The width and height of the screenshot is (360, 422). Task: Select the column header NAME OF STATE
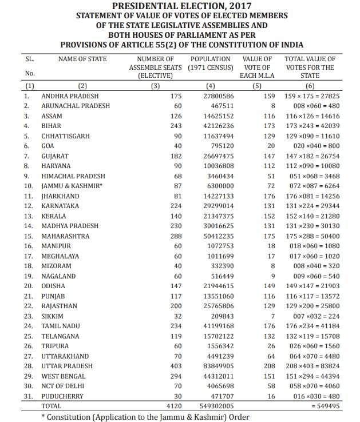click(x=82, y=58)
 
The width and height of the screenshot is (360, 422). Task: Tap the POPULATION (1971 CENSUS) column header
click(x=210, y=63)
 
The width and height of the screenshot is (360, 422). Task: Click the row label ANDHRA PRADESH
click(x=70, y=96)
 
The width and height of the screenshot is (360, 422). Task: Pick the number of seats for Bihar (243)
click(x=176, y=126)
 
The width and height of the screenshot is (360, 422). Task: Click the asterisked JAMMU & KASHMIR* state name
click(x=70, y=186)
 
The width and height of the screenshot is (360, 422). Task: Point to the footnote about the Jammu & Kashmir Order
click(x=145, y=416)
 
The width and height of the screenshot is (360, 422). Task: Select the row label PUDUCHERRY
click(x=65, y=396)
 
